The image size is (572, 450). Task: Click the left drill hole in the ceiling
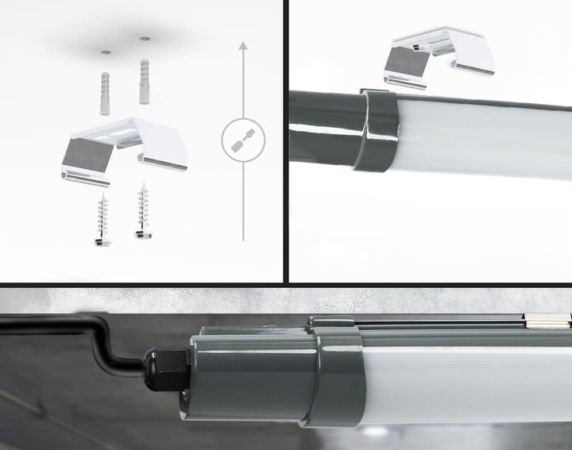click(106, 51)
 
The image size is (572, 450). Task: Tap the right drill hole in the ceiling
click(145, 37)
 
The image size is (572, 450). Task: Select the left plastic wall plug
click(106, 93)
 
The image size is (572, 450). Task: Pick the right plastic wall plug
click(145, 81)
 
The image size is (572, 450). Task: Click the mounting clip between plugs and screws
click(123, 147)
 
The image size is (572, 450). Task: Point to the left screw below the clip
click(102, 219)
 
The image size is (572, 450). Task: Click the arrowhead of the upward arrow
click(243, 47)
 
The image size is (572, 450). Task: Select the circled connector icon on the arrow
click(243, 140)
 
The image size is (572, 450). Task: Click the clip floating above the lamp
click(439, 56)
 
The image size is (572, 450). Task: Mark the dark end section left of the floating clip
click(322, 127)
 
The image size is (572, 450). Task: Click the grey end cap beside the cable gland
click(246, 373)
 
